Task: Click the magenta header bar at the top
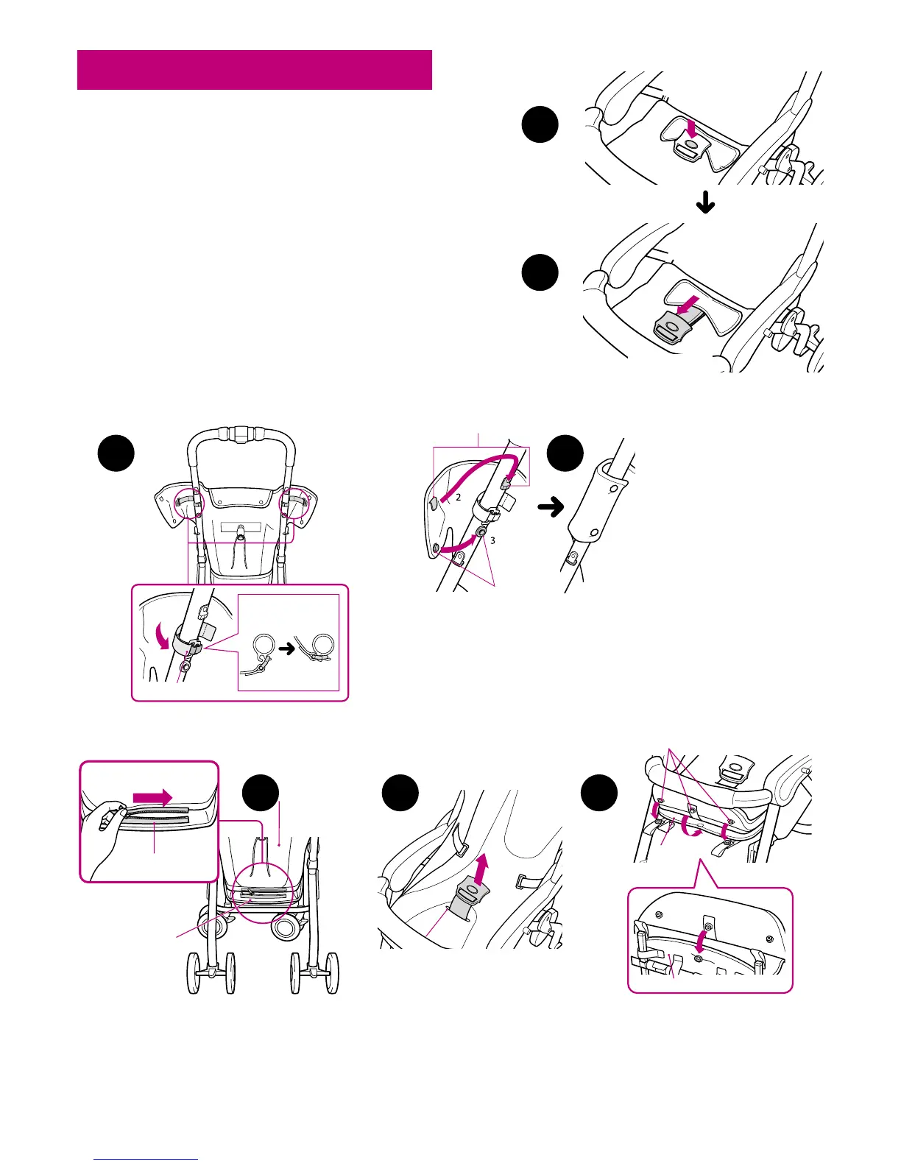tap(254, 70)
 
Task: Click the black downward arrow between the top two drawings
tap(705, 203)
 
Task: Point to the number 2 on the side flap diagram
tap(457, 498)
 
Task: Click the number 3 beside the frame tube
tap(492, 540)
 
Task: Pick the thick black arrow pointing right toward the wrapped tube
tap(551, 506)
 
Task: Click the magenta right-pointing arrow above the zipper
tap(152, 797)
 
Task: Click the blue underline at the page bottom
tap(146, 1159)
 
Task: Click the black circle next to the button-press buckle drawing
tap(540, 126)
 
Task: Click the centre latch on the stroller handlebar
tap(239, 434)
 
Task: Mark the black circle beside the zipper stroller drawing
tap(261, 793)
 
